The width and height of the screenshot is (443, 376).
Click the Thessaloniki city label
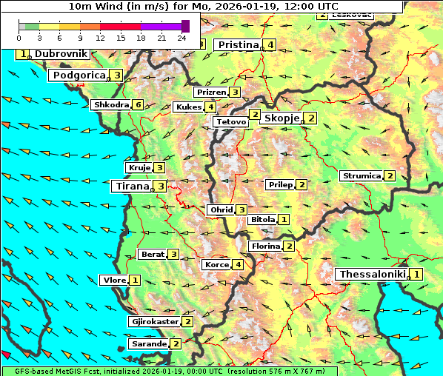372,275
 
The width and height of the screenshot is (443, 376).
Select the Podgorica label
79,75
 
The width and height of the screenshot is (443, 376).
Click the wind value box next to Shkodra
138,105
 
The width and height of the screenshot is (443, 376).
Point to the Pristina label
239,45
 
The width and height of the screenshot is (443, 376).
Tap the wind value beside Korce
238,265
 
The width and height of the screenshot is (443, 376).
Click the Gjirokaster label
154,322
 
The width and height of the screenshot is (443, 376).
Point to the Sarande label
148,344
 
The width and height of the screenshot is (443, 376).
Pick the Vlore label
113,281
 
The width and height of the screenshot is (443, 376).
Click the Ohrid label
221,210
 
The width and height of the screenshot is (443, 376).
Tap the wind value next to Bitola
284,220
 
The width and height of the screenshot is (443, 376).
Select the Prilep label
280,184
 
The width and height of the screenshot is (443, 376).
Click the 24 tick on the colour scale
181,37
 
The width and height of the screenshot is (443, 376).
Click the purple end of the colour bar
186,26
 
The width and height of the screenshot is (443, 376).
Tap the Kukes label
188,107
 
